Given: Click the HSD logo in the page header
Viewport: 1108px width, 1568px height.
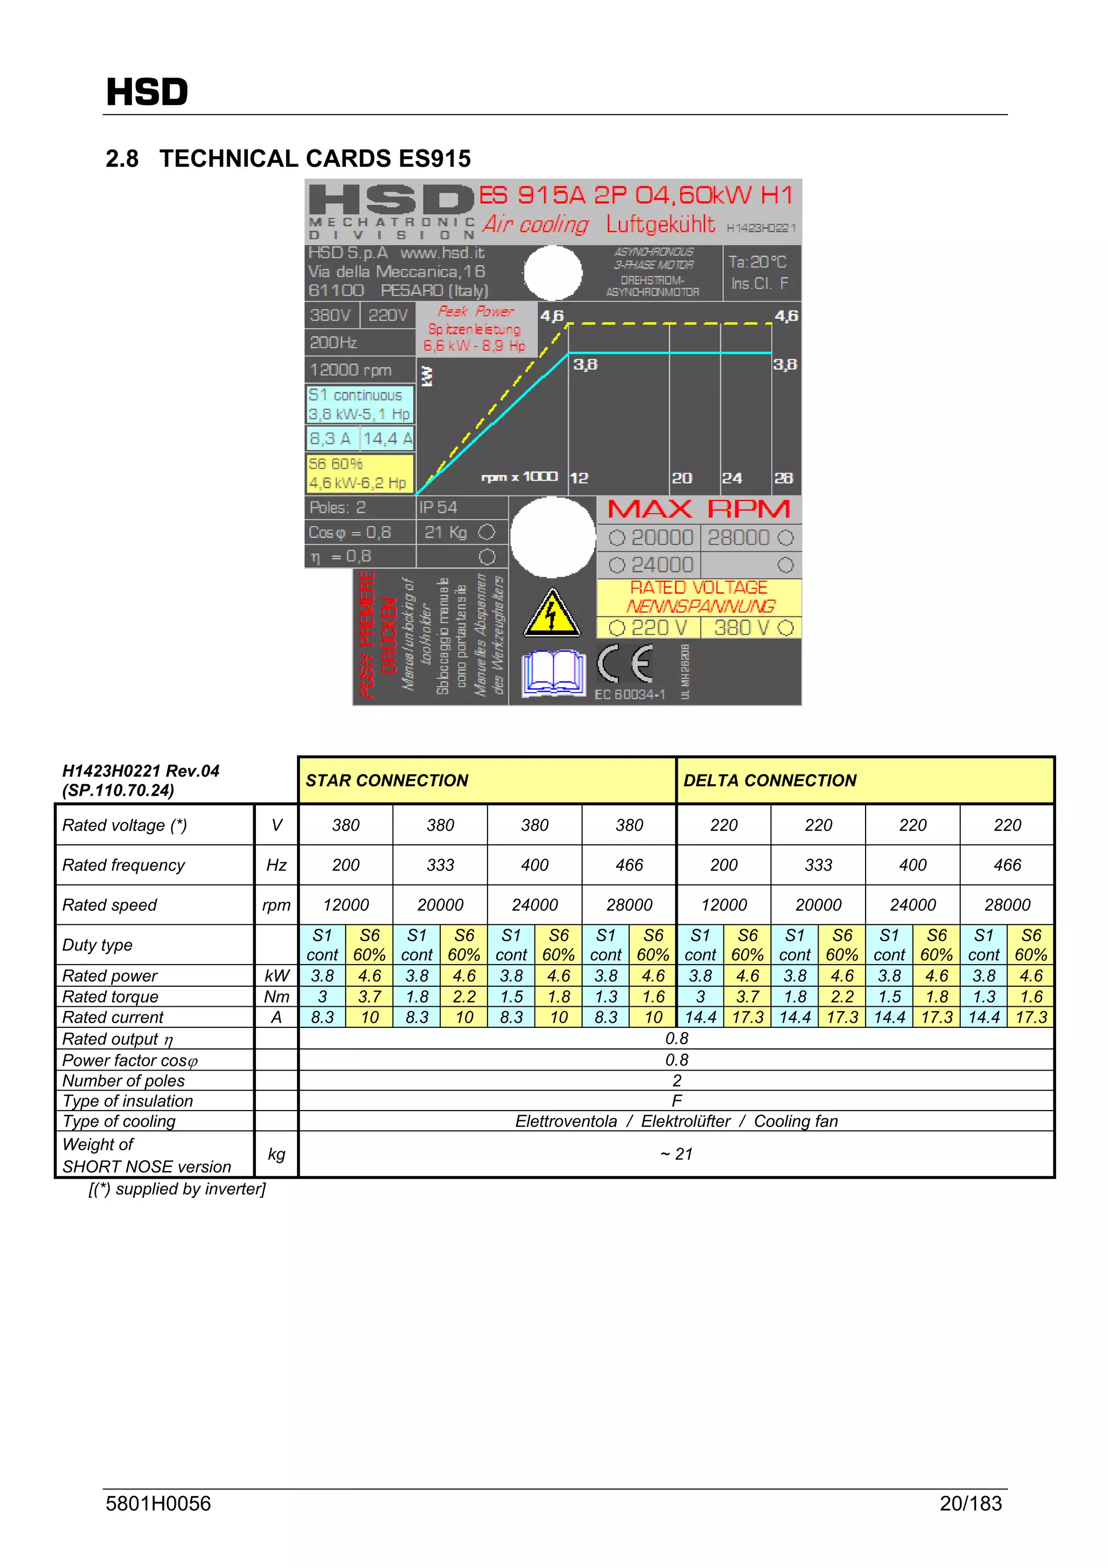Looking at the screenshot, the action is tap(147, 92).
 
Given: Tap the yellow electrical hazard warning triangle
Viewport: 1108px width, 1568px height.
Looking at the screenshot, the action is tap(552, 613).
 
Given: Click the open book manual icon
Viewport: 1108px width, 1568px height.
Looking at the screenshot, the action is tap(553, 673).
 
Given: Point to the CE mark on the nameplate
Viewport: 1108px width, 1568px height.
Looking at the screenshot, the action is tap(624, 663).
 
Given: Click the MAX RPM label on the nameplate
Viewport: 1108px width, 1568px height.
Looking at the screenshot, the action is tap(698, 509).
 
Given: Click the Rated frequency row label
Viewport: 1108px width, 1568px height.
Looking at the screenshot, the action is tap(123, 865).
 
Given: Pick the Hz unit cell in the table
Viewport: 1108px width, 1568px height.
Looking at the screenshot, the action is tap(276, 865).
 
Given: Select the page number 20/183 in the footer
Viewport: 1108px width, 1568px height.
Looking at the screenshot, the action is tap(970, 1503).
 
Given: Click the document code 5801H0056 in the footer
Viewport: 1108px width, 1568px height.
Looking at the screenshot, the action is tap(159, 1503).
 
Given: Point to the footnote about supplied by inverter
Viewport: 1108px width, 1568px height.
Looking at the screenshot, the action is tap(177, 1189).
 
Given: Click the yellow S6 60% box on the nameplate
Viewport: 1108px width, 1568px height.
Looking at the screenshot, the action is tap(359, 473).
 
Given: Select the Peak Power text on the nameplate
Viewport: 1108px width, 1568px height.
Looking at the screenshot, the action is tap(476, 311).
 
